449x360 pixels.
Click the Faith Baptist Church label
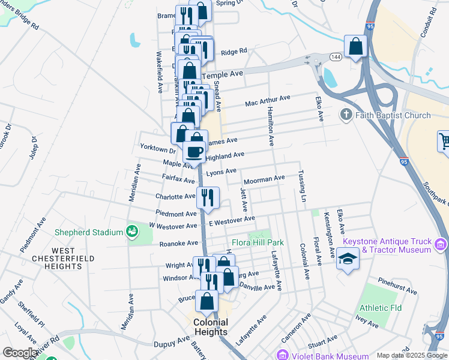point(393,115)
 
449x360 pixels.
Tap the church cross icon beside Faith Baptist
point(346,115)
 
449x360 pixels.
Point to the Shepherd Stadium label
point(88,232)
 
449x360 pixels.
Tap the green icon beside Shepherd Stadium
point(132,231)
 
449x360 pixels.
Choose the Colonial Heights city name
point(211,327)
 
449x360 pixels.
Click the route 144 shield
point(336,56)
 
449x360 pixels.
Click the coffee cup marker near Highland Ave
point(194,151)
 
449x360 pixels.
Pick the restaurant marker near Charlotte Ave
point(208,197)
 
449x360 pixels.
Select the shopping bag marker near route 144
point(355,46)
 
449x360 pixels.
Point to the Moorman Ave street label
point(264,179)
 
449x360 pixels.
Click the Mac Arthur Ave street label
point(268,100)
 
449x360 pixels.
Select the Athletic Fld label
point(380,308)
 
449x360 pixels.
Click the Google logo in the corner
point(20,352)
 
